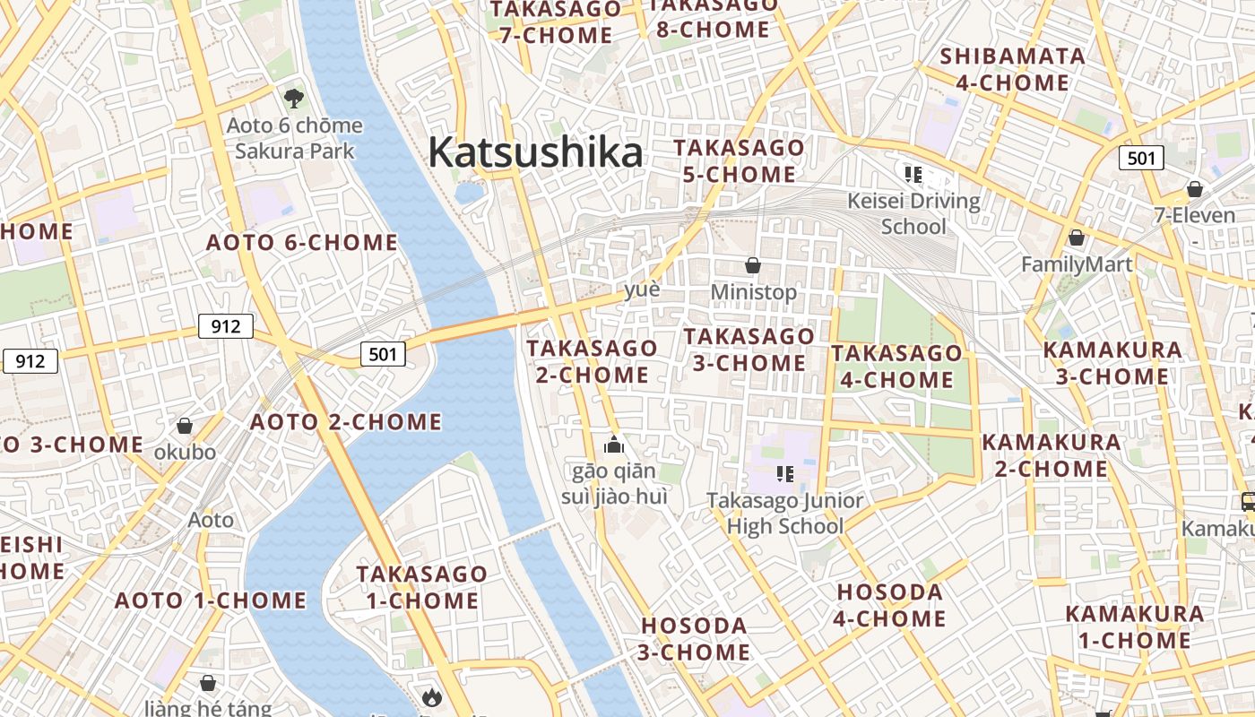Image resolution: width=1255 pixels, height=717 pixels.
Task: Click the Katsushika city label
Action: (x=535, y=152)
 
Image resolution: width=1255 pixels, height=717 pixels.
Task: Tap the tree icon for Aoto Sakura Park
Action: (x=293, y=98)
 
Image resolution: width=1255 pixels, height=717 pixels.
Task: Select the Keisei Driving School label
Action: (x=913, y=212)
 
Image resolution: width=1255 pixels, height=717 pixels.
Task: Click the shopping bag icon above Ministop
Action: (x=753, y=265)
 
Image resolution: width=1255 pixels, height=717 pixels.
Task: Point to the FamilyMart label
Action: (x=1077, y=264)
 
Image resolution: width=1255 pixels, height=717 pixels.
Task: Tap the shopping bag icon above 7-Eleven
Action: (x=1194, y=189)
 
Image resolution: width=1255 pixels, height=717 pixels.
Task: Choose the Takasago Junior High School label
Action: (x=784, y=513)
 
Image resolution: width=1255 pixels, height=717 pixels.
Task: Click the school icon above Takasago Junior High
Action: (x=785, y=473)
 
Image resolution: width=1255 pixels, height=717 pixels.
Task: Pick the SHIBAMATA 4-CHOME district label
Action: (x=1012, y=70)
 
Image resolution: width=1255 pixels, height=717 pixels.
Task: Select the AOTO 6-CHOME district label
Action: (x=302, y=242)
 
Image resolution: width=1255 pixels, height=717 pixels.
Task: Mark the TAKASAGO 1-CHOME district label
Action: (x=421, y=587)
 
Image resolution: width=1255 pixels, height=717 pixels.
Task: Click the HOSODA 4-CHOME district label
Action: (x=889, y=605)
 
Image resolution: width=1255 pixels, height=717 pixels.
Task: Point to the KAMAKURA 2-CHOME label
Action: (x=1051, y=455)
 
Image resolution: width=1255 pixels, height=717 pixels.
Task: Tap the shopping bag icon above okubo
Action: (x=185, y=426)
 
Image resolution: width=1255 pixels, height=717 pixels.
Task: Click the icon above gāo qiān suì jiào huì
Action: (x=614, y=444)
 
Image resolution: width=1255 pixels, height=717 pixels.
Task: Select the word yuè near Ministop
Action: (x=642, y=289)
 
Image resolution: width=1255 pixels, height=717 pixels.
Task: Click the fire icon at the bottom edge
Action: (x=432, y=696)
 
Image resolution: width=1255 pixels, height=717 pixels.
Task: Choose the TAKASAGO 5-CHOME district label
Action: (x=739, y=160)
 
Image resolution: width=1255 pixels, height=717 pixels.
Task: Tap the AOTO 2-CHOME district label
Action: (x=346, y=421)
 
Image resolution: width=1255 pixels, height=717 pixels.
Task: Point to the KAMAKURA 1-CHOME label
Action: (x=1134, y=627)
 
